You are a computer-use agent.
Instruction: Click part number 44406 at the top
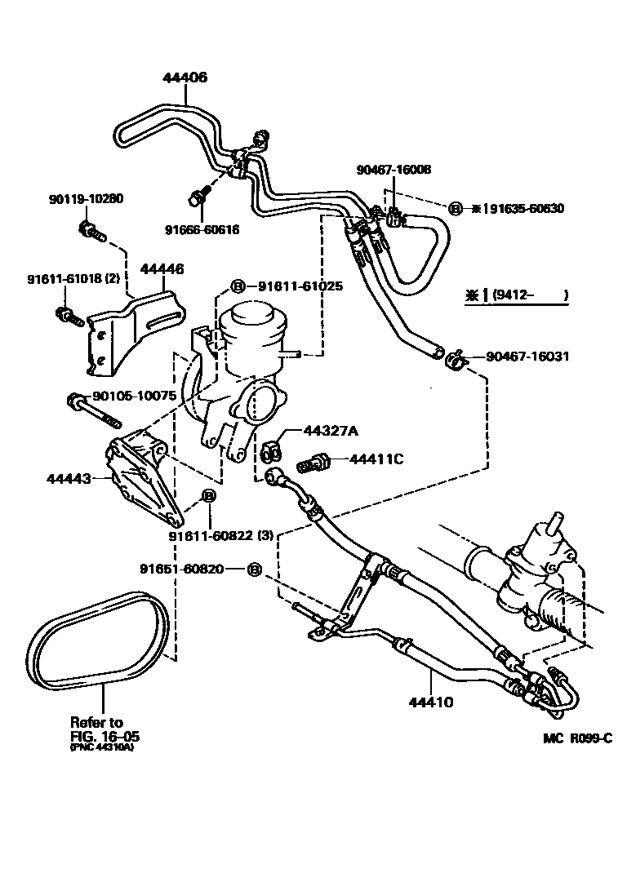tap(185, 78)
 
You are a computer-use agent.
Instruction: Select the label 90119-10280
tap(86, 198)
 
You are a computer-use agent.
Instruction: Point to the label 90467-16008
tap(394, 170)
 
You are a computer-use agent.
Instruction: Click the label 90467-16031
tap(527, 357)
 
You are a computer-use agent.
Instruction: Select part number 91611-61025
tap(300, 286)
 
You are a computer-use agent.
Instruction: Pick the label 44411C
tap(376, 459)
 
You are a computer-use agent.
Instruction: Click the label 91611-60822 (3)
tap(220, 536)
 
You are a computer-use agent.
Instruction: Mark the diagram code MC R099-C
tap(577, 739)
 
